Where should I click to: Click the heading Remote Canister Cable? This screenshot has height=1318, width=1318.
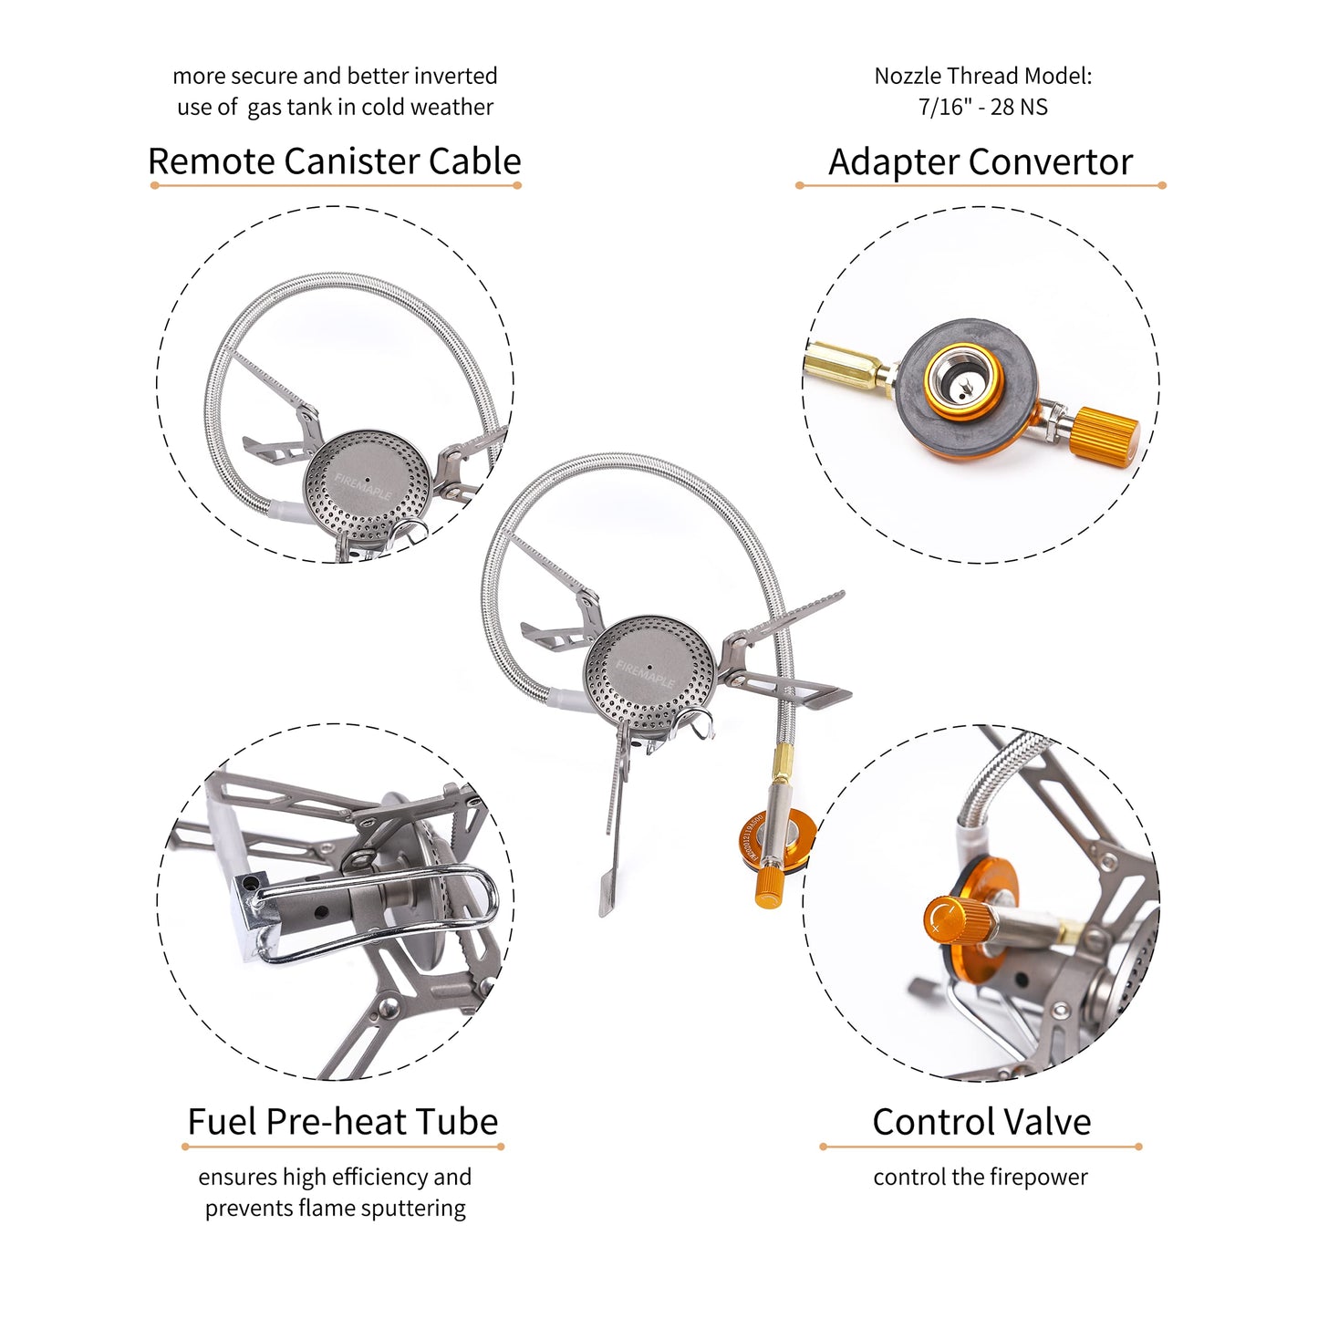point(334,161)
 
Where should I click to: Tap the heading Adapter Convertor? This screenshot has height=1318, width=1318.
point(980,162)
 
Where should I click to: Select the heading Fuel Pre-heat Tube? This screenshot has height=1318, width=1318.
point(342,1121)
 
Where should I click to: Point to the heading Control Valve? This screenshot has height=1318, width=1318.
point(981,1122)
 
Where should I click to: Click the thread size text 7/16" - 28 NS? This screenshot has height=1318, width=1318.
point(982,107)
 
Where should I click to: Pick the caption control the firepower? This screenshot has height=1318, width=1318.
point(981,1177)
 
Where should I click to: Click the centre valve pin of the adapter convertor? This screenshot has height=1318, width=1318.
point(965,388)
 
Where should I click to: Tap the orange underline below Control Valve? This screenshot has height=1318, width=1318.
point(981,1147)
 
